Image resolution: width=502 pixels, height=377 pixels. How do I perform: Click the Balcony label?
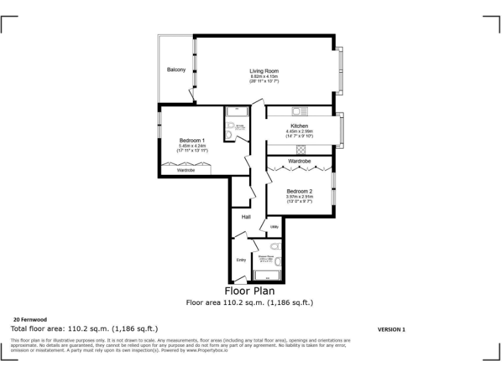176,70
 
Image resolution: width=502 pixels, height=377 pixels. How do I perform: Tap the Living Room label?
264,71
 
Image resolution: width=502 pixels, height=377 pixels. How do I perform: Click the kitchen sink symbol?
300,111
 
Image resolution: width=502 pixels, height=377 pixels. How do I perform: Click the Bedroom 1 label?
192,141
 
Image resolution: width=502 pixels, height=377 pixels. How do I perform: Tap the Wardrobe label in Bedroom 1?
186,170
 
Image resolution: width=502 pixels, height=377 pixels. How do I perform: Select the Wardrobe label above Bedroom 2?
299,161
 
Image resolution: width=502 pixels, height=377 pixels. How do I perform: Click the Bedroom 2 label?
299,191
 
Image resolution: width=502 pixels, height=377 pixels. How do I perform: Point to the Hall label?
246,217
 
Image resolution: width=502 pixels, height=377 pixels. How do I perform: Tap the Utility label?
275,227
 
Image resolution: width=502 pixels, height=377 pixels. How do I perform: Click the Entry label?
241,260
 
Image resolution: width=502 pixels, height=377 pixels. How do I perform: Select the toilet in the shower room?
275,247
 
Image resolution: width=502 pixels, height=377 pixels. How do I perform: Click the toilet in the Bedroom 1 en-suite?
230,126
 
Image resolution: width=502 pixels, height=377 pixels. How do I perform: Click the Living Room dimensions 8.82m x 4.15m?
264,79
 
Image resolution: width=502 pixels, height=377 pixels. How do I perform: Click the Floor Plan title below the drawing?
250,291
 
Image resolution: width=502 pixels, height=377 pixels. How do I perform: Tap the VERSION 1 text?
392,330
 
